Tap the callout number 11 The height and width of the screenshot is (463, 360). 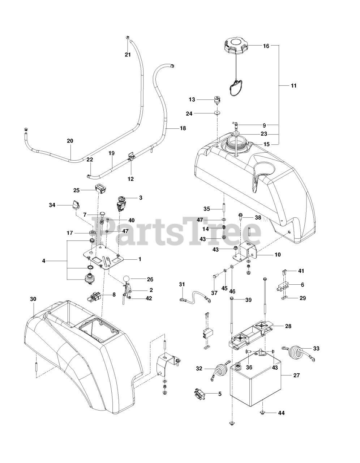click(293, 86)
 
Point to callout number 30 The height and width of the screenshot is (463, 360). click(33, 299)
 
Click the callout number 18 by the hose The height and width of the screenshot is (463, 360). click(183, 128)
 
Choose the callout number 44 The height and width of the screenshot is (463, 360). click(281, 413)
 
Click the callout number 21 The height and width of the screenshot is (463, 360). click(127, 55)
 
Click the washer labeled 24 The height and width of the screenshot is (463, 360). click(217, 113)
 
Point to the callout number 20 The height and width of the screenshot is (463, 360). click(70, 141)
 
